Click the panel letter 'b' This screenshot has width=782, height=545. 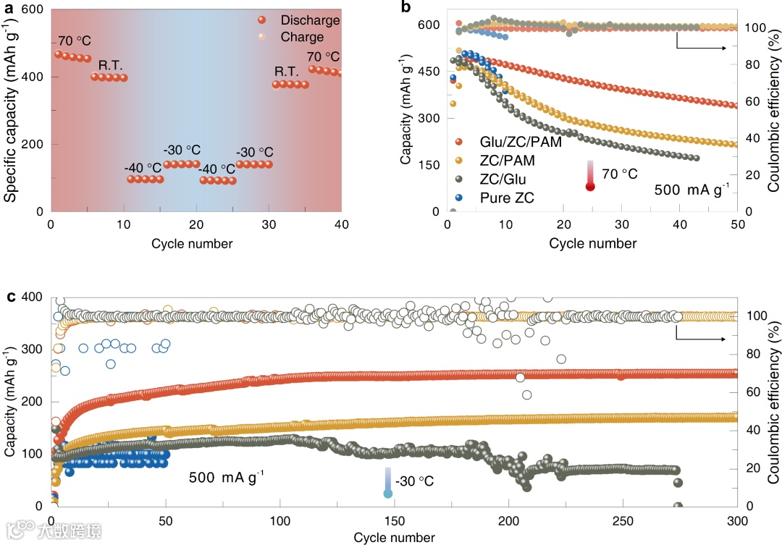405,9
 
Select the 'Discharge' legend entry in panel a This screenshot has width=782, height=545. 310,20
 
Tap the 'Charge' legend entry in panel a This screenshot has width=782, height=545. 302,37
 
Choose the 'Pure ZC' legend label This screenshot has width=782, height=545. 502,197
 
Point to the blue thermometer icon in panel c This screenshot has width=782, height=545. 388,483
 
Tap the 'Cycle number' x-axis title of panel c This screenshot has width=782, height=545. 394,538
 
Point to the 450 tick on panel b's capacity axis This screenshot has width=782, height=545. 430,71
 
